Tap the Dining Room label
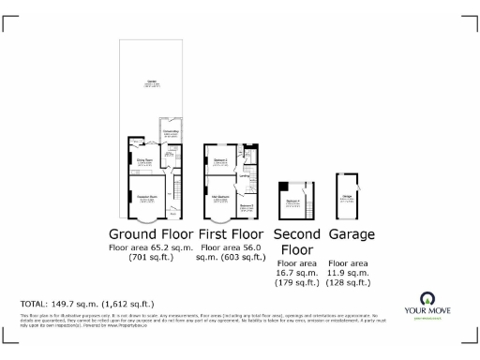(x=145, y=160)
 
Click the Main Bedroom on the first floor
(x=221, y=197)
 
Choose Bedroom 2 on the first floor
(x=221, y=161)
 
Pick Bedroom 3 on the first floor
(x=247, y=205)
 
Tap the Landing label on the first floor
(x=243, y=175)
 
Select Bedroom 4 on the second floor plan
(x=293, y=202)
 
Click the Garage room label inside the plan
(x=347, y=196)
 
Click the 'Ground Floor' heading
(x=151, y=233)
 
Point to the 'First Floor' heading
(x=232, y=233)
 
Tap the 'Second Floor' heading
(x=297, y=242)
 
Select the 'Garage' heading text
(x=352, y=233)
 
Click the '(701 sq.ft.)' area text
(x=151, y=258)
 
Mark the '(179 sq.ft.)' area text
(x=297, y=282)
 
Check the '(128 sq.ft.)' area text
(x=352, y=282)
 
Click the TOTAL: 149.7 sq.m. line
(x=87, y=305)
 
